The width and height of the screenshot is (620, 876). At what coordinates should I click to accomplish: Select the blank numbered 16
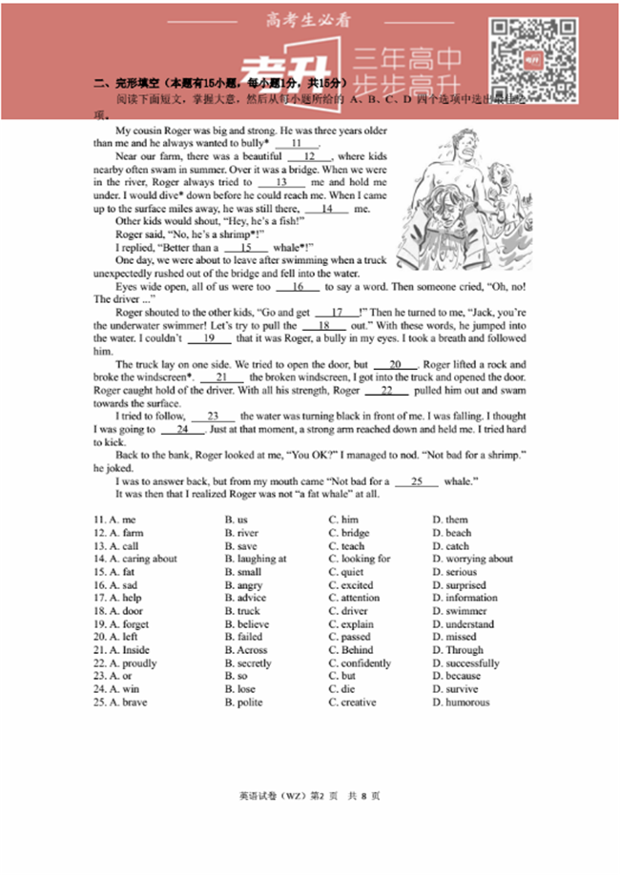299,287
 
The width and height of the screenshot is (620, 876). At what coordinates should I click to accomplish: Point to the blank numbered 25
417,482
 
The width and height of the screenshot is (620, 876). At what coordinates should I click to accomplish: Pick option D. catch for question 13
450,546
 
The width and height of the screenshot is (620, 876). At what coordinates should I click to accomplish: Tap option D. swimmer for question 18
460,611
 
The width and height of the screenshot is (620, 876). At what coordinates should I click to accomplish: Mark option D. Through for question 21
458,650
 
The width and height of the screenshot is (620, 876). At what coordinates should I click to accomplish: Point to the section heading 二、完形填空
129,84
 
